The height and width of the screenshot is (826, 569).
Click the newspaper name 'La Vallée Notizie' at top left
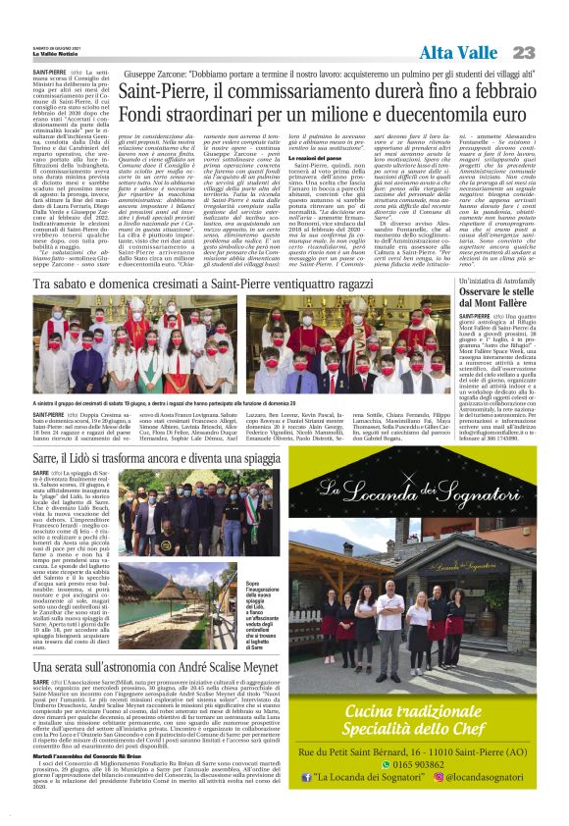tap(57, 57)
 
